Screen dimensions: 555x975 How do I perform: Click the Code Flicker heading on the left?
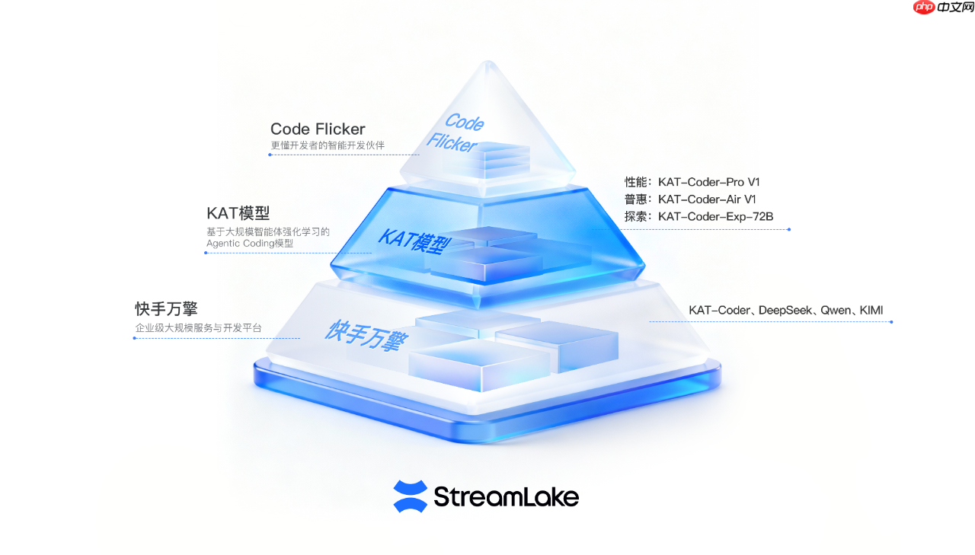tap(318, 129)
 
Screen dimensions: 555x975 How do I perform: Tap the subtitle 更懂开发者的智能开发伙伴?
tap(328, 145)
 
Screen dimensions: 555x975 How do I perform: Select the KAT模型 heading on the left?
tap(238, 213)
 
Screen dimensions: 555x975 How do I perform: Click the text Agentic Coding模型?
tap(250, 244)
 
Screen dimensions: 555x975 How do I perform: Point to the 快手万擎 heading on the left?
tap(166, 309)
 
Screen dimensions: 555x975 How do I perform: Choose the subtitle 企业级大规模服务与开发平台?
tap(198, 328)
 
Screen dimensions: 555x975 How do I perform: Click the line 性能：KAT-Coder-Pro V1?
tap(692, 183)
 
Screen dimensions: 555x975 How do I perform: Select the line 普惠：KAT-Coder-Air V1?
tap(690, 199)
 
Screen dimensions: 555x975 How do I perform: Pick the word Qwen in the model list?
tap(836, 311)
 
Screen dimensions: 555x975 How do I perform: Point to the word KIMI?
tap(871, 311)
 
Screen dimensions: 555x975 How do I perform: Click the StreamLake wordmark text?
tap(506, 497)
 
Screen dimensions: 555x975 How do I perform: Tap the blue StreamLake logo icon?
tap(411, 496)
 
